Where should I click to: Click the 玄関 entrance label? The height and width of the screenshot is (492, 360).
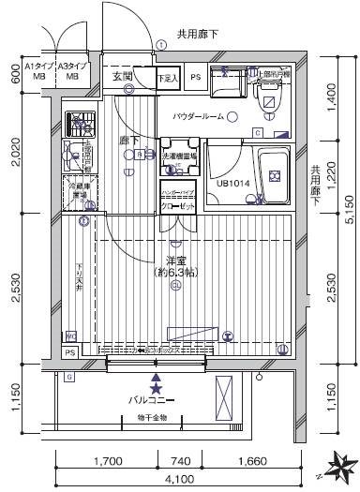[123, 76]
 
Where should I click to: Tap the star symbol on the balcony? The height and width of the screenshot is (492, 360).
[156, 387]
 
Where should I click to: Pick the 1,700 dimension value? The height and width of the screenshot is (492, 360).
[109, 461]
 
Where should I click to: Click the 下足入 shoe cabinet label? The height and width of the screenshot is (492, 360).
[167, 79]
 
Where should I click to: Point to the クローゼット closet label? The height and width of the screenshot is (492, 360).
[177, 204]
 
